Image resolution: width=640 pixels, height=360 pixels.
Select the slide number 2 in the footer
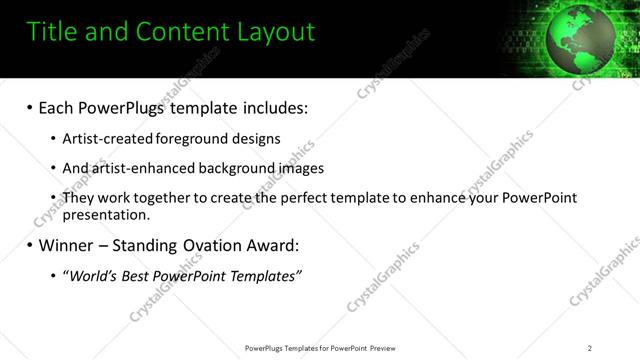[590, 348]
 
